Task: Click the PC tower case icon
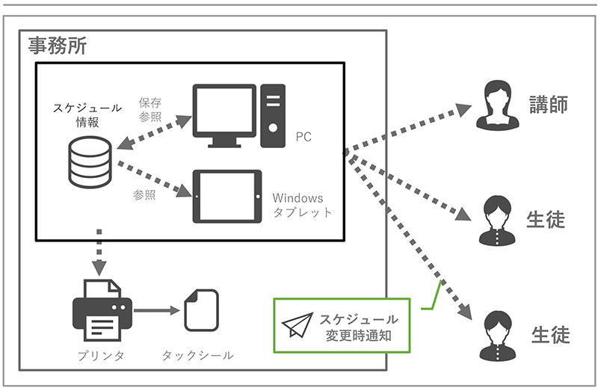point(274,115)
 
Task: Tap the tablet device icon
point(227,197)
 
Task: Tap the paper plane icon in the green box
point(299,325)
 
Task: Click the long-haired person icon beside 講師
point(497,104)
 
